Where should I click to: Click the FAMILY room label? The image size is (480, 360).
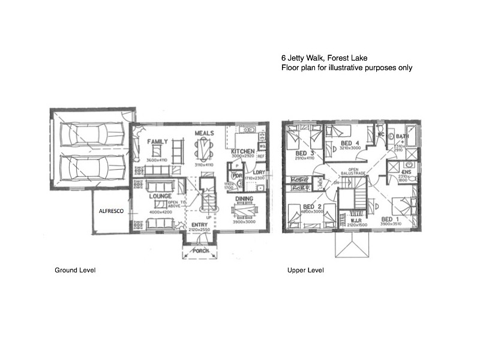pos(158,142)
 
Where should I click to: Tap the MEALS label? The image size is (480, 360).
pos(205,133)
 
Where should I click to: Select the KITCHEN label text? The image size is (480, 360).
pos(242,151)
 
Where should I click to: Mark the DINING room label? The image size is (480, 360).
pos(244,199)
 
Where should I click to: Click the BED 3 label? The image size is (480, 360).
pos(305,154)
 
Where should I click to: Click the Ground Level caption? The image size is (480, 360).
pos(75,271)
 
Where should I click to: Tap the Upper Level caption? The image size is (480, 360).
pos(305,271)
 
